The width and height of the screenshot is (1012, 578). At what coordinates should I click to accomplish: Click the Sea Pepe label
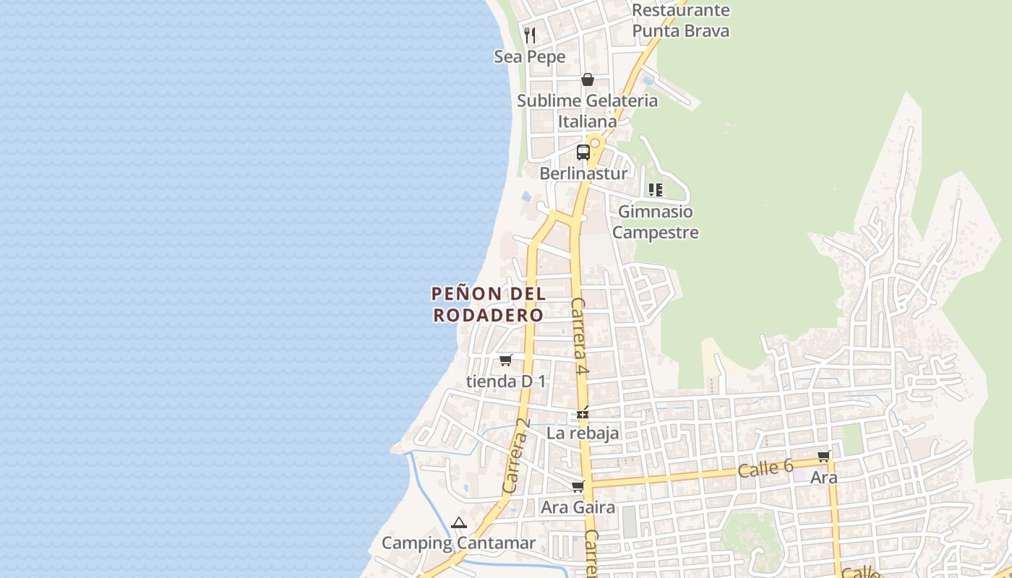coord(529,56)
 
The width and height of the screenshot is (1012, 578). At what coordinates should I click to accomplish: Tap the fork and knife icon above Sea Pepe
coord(530,35)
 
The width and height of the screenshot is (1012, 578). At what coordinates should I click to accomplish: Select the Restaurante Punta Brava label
coord(680,20)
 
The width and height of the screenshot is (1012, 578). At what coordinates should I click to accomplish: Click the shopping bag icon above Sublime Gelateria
coord(588,79)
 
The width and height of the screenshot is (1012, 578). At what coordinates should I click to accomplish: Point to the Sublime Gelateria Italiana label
coord(587,111)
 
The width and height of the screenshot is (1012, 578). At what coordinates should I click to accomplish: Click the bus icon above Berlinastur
coord(583,152)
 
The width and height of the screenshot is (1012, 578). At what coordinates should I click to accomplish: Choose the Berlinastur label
coord(583,173)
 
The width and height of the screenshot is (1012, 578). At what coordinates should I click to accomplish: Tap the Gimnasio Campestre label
coord(656,222)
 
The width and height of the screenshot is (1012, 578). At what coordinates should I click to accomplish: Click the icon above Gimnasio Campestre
coord(656,190)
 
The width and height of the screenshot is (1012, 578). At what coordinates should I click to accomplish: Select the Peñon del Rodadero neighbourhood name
coord(489,304)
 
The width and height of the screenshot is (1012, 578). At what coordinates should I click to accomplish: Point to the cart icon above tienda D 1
coord(506,360)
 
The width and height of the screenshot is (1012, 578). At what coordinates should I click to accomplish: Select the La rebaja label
coord(583,433)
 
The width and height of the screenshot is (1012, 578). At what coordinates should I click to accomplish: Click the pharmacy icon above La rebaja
coord(583,415)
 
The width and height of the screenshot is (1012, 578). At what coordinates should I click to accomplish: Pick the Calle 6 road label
coord(766,468)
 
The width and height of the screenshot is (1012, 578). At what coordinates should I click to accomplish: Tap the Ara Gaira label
coord(578,507)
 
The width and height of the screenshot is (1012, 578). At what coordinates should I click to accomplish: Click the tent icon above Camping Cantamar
coord(459,523)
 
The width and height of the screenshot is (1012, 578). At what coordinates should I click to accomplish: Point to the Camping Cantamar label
coord(458,543)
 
